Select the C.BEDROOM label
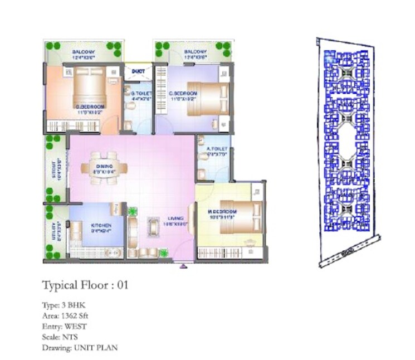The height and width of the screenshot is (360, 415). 180,94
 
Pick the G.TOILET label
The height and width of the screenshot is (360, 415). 138,93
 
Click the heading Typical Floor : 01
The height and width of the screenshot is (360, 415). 85,285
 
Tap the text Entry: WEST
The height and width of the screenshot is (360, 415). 64,327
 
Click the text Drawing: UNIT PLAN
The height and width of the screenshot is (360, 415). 79,348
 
